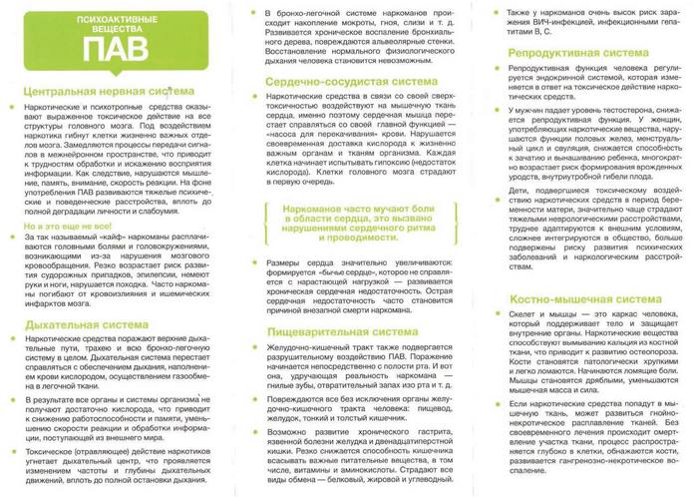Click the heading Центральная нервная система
coord(94,93)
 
